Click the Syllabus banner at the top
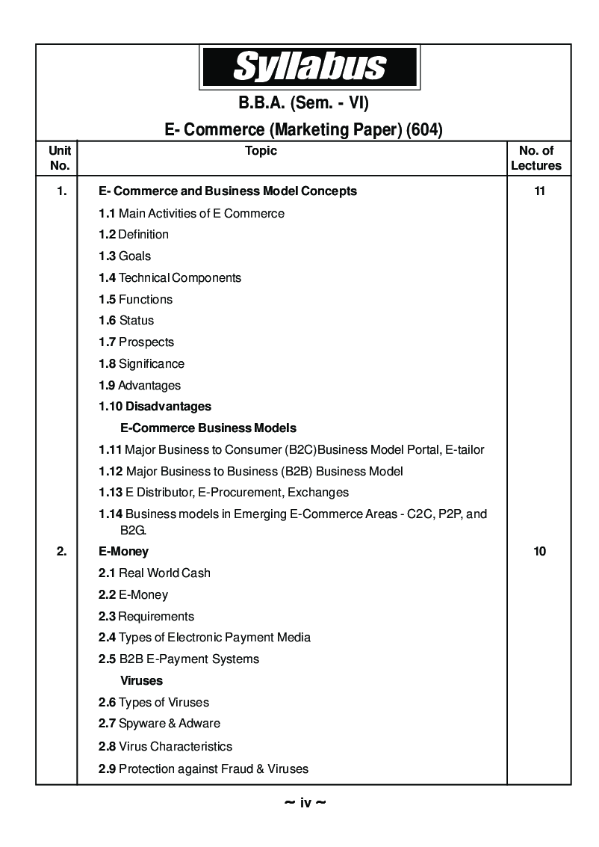click(308, 67)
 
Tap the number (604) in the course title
click(424, 130)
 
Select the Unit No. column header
click(59, 158)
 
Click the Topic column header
click(261, 151)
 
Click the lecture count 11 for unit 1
click(539, 191)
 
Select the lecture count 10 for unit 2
click(539, 552)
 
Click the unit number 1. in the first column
click(61, 191)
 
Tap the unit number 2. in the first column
click(61, 552)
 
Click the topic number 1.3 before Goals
click(107, 256)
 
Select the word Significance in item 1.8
click(151, 363)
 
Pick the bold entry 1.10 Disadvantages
click(155, 407)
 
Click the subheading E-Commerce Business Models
click(208, 428)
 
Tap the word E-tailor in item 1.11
click(464, 450)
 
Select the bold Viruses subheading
click(141, 681)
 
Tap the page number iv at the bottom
click(305, 803)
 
